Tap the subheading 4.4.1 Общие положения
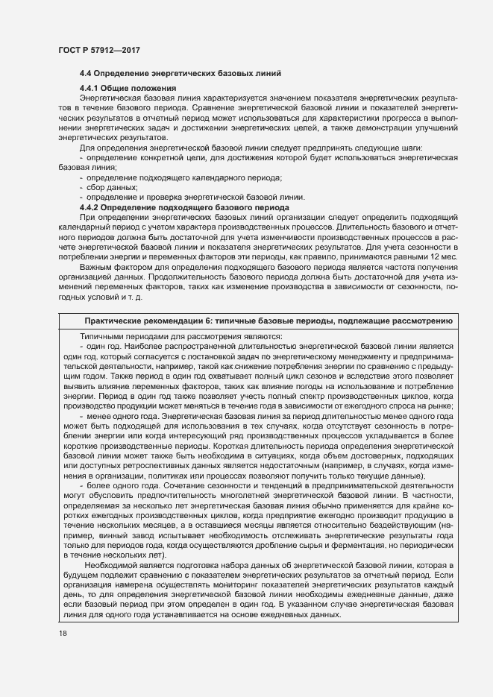click(x=127, y=89)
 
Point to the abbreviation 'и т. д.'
click(x=134, y=297)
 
